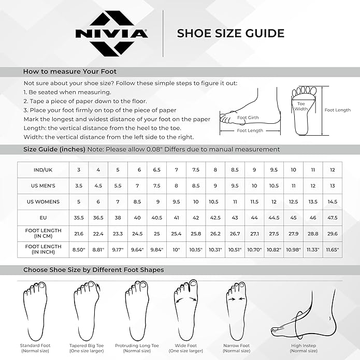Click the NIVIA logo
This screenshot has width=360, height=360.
coord(111,34)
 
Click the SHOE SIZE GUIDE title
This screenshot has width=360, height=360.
coord(231,34)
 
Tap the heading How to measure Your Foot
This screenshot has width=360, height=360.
coord(70,71)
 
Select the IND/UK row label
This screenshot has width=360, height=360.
coord(43,170)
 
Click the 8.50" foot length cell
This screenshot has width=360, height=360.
coord(79,249)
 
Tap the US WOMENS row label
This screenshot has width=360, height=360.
coord(43,201)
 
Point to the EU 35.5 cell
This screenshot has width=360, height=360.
coord(79,218)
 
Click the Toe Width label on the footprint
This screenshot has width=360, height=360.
coord(301,106)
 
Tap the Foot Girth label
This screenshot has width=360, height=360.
coord(248,118)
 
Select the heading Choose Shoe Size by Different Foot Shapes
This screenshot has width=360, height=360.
coord(93,270)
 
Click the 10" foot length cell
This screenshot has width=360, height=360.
coord(176,249)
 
